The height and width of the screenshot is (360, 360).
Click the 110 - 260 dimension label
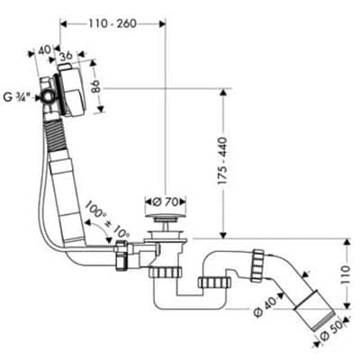(112, 23)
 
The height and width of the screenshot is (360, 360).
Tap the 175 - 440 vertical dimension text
(222, 161)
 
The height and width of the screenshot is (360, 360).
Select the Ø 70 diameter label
(166, 202)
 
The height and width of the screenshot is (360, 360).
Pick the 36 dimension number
(66, 56)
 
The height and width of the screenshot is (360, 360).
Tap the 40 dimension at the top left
(43, 50)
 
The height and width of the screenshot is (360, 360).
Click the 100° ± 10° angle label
(107, 219)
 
